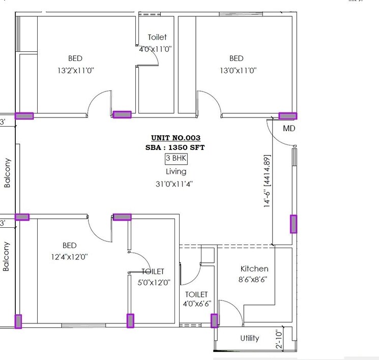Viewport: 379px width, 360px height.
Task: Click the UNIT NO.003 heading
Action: pos(176,138)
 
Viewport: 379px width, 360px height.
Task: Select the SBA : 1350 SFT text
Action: pos(176,147)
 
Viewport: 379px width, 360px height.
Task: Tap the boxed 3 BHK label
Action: pos(176,159)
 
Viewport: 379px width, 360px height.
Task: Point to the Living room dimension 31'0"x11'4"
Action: pos(176,184)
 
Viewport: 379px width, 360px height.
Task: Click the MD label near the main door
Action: pos(289,129)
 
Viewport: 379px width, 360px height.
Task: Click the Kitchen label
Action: pos(254,268)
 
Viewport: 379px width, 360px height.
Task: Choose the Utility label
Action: pos(249,338)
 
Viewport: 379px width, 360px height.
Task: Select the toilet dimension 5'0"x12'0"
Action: pos(153,282)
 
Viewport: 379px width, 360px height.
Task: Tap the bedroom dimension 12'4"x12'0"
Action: pos(70,257)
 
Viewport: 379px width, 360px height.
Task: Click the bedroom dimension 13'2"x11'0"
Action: pos(75,71)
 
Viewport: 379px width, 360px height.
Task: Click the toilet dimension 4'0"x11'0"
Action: pos(156,49)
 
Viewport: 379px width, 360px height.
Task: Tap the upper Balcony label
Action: pos(7,173)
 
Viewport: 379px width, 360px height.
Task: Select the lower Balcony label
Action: pos(7,256)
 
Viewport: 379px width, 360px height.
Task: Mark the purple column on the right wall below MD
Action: pos(293,224)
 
